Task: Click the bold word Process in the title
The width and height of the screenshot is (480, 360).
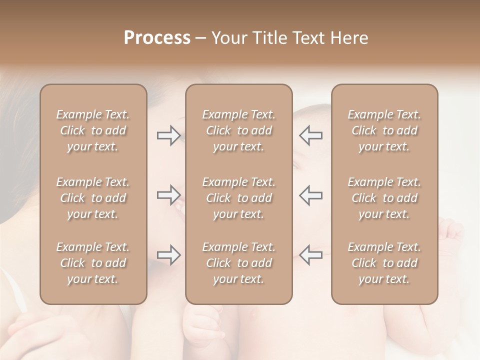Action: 157,38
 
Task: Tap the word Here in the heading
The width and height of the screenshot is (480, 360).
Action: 348,38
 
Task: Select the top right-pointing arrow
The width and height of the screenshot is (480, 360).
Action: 169,135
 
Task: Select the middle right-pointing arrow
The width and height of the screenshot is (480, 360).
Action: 169,195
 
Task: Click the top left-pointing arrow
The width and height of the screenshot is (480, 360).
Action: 311,135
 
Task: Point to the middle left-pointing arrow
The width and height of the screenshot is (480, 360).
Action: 311,195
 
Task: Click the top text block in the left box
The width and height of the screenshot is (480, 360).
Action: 93,130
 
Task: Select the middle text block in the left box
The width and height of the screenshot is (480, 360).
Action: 93,198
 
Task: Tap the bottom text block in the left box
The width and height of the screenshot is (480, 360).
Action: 93,263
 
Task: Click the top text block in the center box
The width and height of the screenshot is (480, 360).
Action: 239,130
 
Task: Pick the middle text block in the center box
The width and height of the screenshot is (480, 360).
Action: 239,198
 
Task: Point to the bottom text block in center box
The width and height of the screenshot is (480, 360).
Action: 239,263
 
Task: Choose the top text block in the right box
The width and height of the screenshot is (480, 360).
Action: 384,130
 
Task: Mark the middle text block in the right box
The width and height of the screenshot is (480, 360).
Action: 384,198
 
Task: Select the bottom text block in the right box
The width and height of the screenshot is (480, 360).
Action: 384,263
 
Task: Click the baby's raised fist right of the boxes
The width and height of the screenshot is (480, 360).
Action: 452,231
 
